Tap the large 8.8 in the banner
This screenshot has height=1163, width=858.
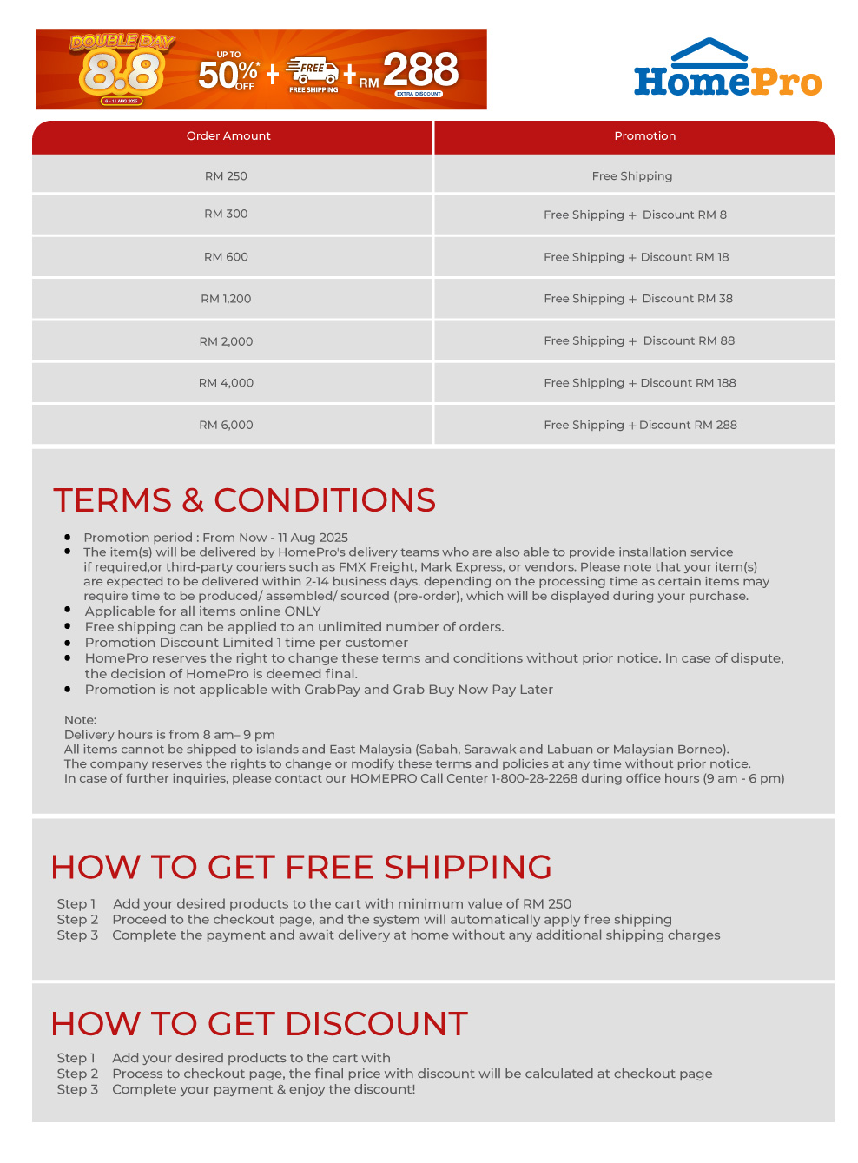[121, 73]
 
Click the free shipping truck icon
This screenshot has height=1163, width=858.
[313, 71]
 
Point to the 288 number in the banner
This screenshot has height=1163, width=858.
[420, 69]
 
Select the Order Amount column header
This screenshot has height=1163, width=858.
[228, 136]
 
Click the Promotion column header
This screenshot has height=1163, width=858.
[644, 136]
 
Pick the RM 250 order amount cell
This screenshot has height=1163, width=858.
[226, 176]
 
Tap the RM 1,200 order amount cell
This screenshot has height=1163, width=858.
[226, 299]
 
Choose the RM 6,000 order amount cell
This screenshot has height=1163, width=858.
[226, 426]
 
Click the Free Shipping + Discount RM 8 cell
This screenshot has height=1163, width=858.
[635, 215]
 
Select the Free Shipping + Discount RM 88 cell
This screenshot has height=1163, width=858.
[639, 341]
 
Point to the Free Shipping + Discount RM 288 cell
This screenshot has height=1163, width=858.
[640, 426]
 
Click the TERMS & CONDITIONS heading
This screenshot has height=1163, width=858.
[244, 500]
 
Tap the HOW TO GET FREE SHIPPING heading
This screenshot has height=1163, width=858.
[301, 868]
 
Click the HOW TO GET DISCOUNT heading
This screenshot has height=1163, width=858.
[259, 1024]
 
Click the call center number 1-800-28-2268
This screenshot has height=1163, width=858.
[534, 778]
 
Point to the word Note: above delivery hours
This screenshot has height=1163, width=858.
[80, 720]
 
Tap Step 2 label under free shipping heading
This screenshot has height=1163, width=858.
[77, 920]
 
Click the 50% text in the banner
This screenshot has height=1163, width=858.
[228, 75]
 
